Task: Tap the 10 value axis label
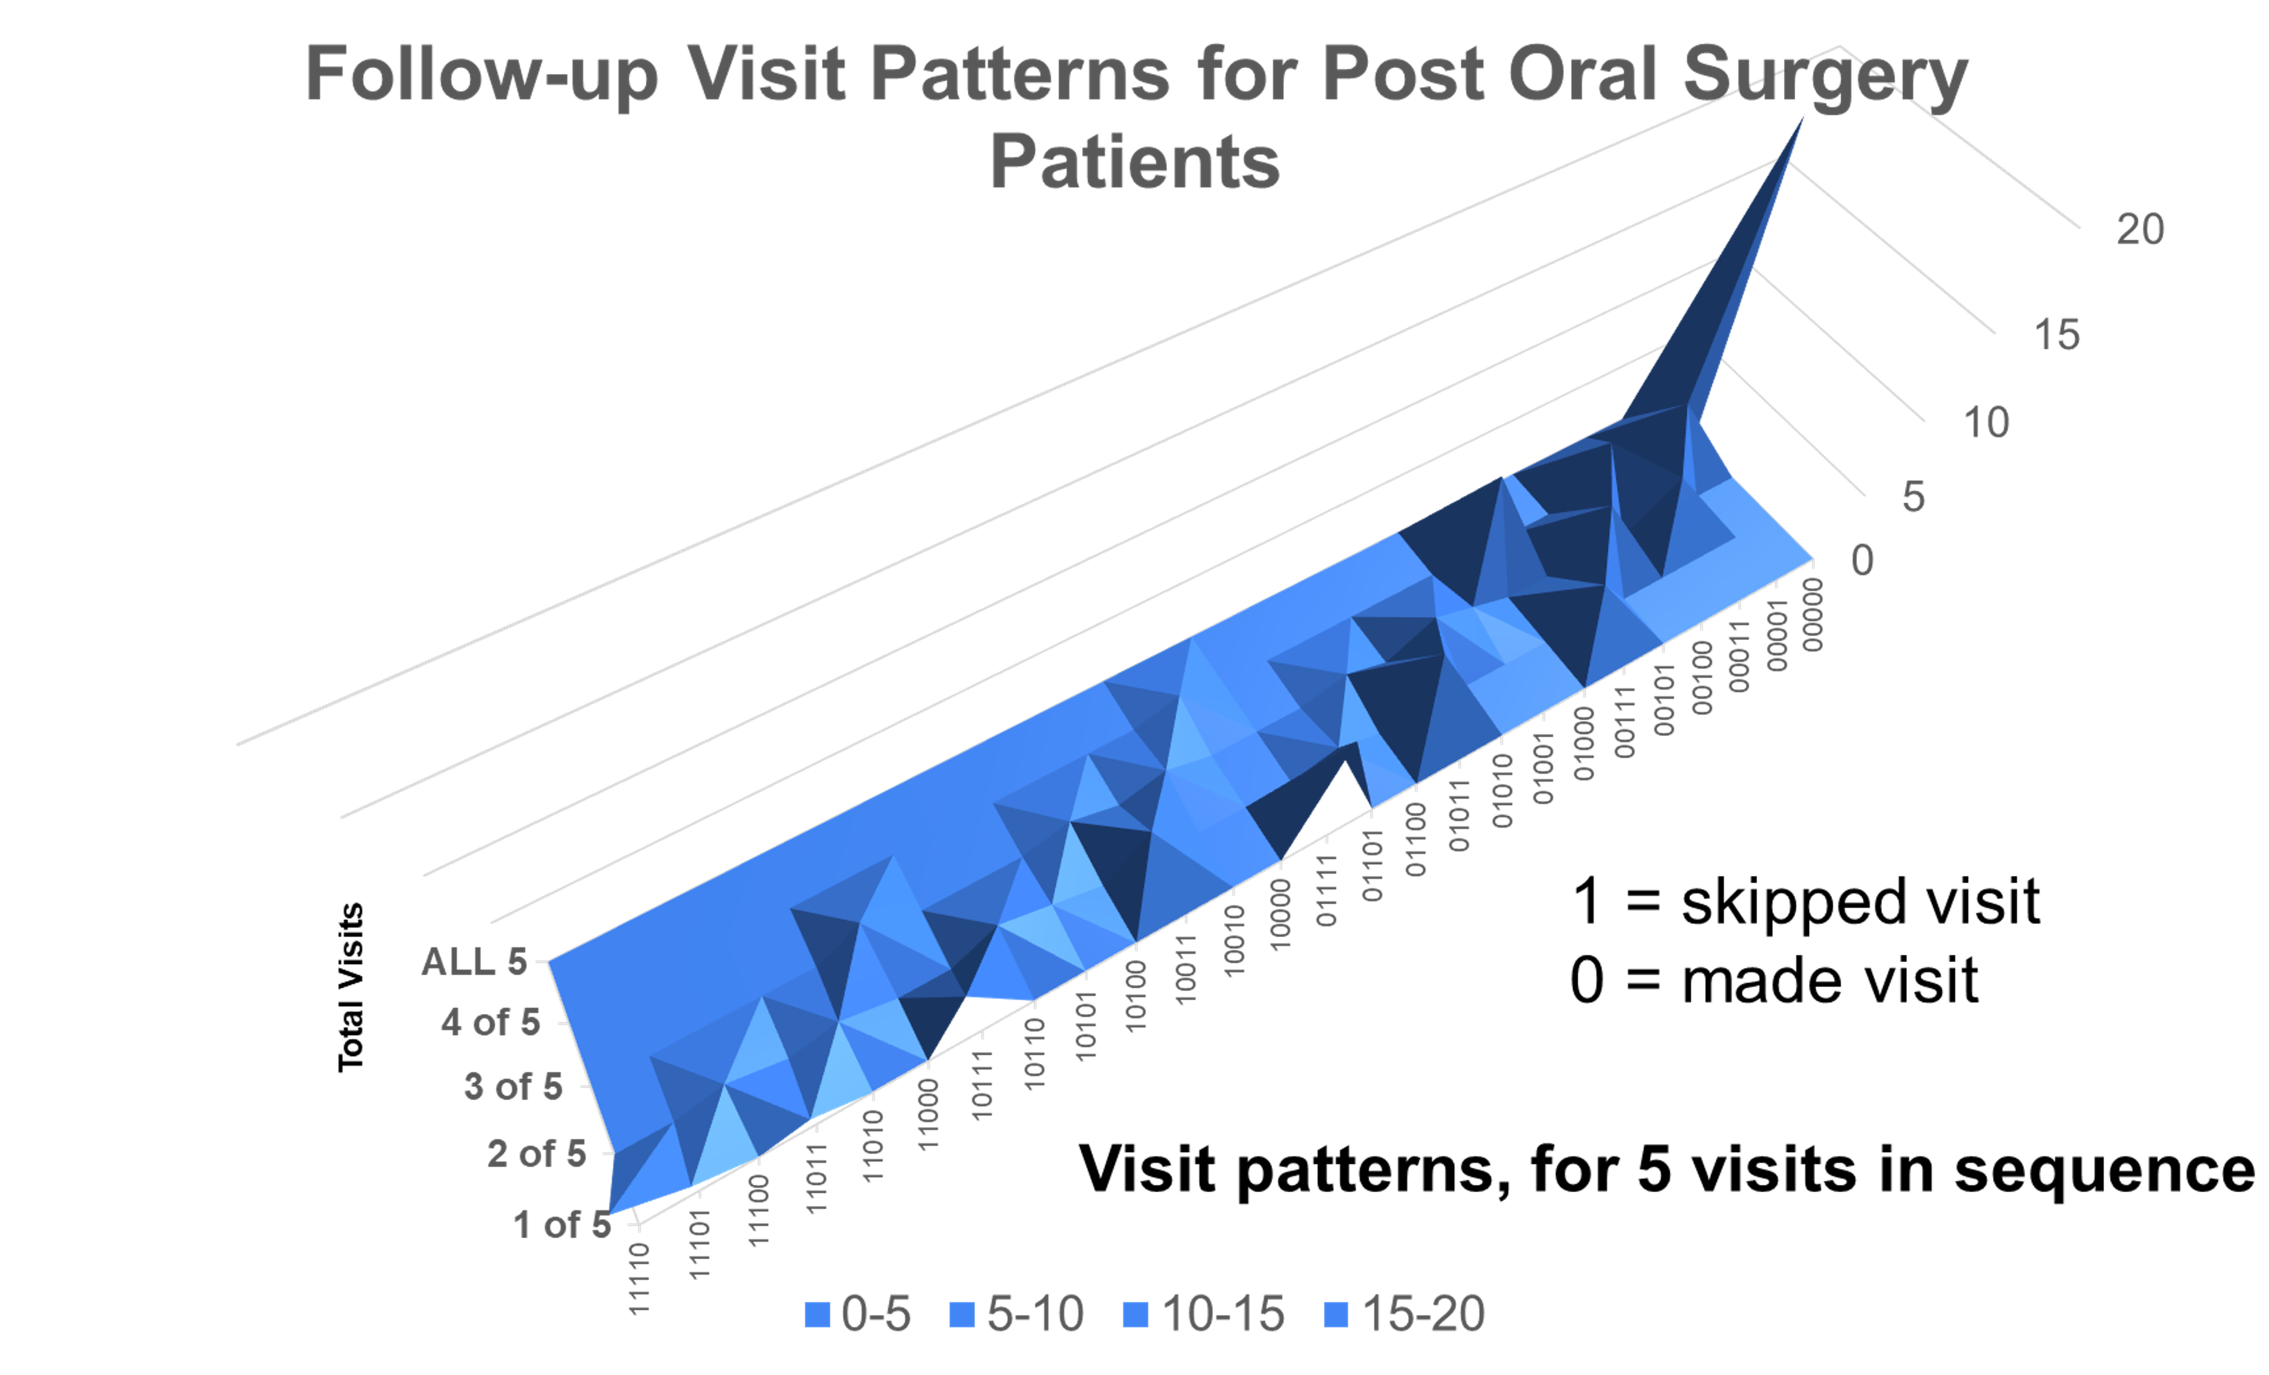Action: pyautogui.click(x=1985, y=422)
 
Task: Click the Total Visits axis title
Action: pyautogui.click(x=351, y=987)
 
